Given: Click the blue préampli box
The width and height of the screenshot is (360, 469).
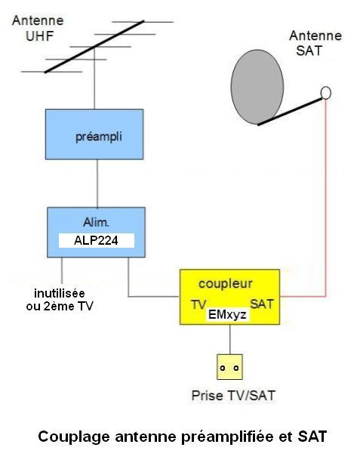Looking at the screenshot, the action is coord(94,134).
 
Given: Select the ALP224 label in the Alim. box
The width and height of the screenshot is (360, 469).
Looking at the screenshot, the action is coord(97,240).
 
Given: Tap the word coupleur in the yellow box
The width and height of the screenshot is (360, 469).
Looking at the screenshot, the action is coord(226,284).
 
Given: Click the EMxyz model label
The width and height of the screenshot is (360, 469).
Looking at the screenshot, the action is coord(227,315).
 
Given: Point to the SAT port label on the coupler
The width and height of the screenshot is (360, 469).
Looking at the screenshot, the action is coord(262,304).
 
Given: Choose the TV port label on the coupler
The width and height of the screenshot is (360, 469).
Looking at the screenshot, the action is coord(198,305).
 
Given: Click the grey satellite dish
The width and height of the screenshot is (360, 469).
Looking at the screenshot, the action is coord(257,87).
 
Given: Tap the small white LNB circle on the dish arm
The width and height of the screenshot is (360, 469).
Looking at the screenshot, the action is coord(325,93).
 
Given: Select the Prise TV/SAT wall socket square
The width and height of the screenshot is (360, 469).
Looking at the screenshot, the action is coord(229,367).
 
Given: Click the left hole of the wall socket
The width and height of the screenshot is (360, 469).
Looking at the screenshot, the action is coord(223,368).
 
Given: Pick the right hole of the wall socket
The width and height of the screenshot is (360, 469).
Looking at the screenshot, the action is coord(236,368).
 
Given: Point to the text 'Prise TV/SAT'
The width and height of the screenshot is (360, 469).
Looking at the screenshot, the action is coord(233,396).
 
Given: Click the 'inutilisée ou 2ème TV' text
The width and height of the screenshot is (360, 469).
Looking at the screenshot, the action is coord(60,299).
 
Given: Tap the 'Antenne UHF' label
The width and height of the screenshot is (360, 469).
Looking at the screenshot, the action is coord(38,29).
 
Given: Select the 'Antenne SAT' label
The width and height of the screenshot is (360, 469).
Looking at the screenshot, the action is coord(315,43).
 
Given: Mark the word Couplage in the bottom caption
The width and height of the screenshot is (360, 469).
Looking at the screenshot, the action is coord(74,437).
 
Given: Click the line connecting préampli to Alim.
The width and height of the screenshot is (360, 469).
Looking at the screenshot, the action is coord(97,184).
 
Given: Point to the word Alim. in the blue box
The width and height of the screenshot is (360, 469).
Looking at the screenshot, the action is coord(97,222).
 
